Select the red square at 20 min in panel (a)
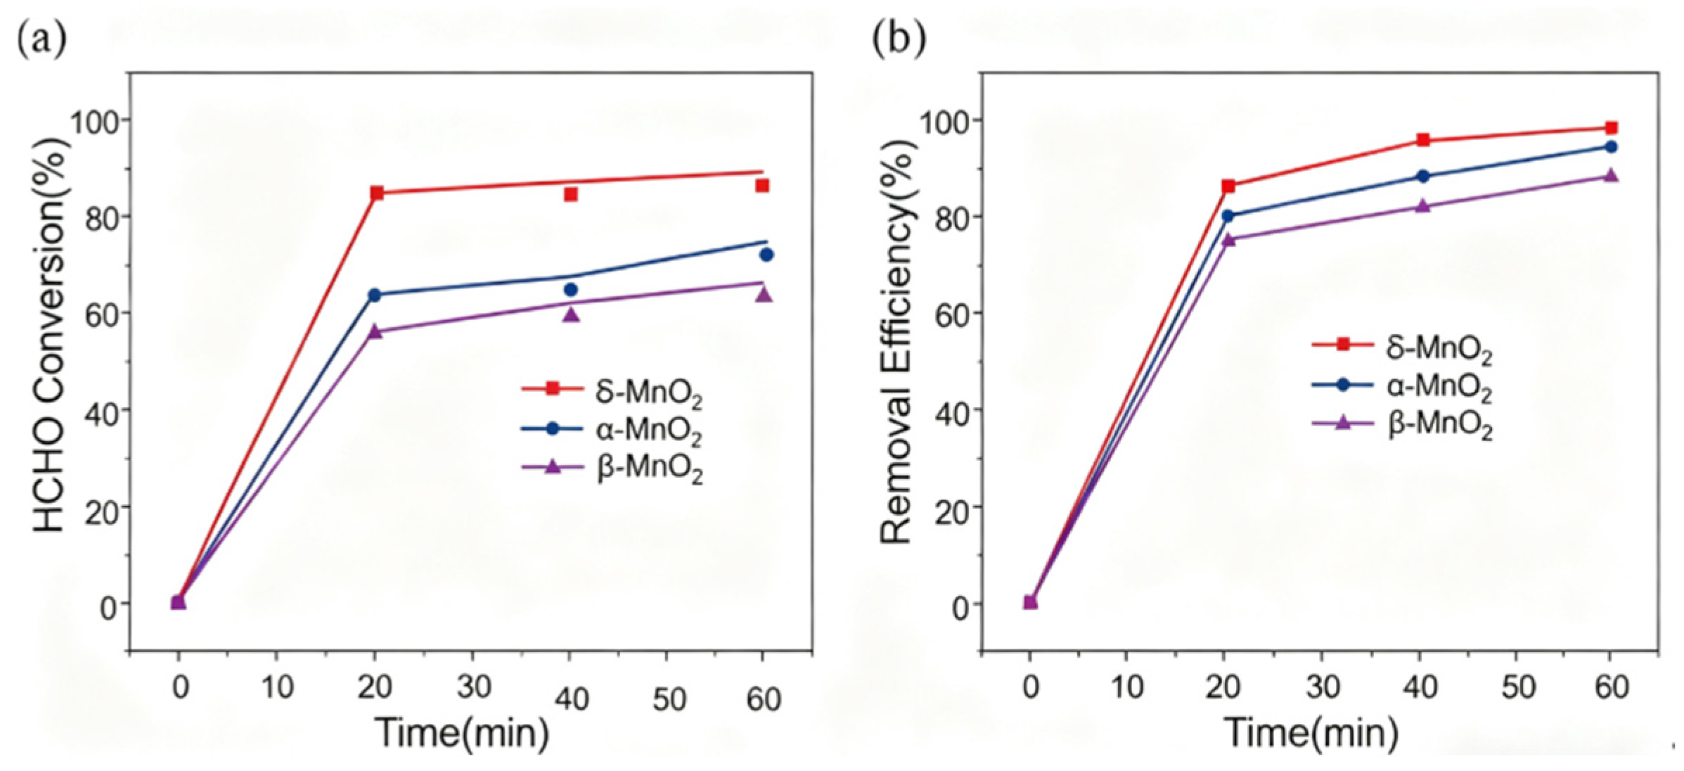(377, 193)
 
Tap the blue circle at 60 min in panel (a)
(766, 255)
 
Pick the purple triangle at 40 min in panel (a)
(572, 314)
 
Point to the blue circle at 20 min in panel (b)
(1228, 216)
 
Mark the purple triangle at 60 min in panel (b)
(1611, 175)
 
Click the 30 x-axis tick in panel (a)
(473, 687)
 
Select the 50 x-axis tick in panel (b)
(1517, 687)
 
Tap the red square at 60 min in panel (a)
(762, 186)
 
